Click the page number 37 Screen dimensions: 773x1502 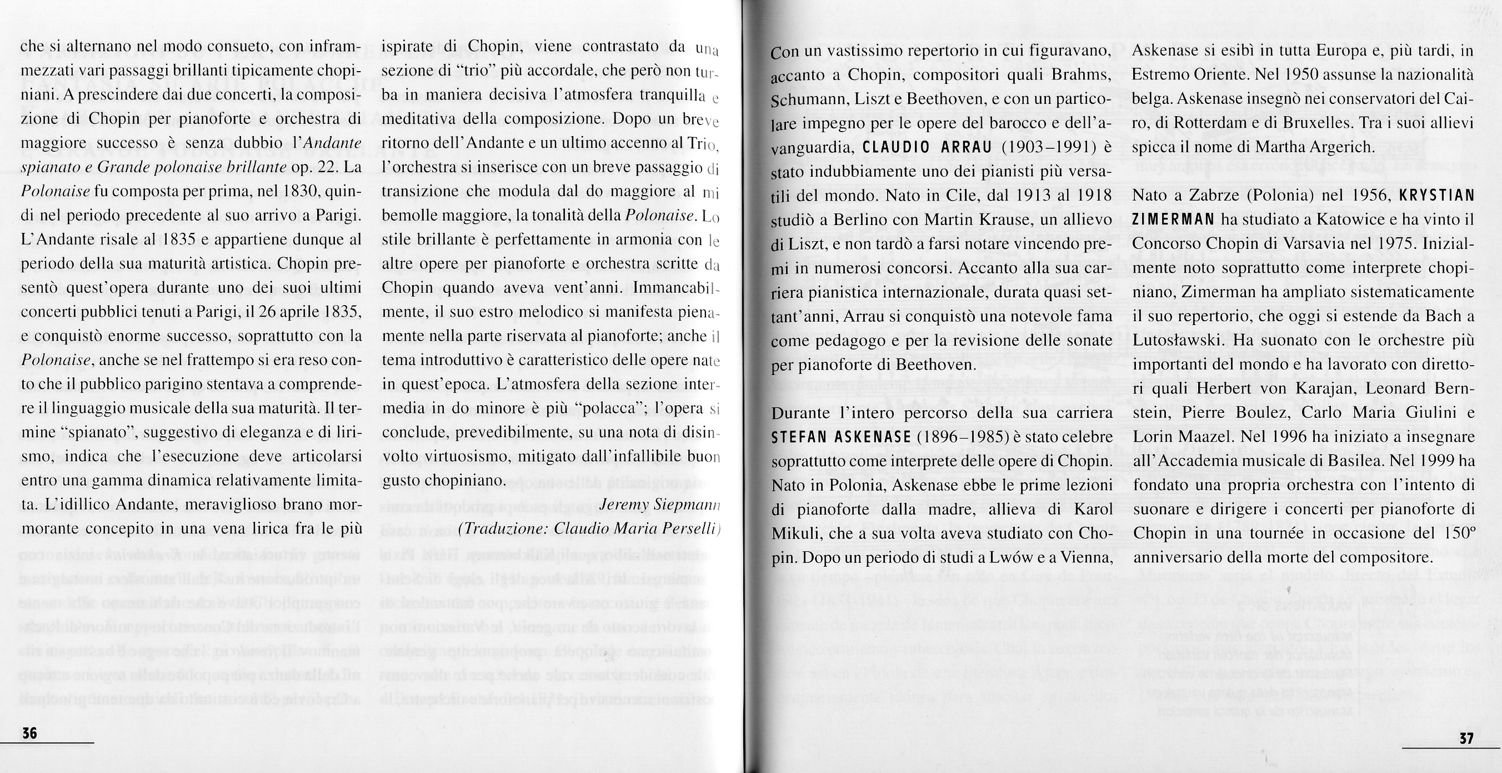1466,738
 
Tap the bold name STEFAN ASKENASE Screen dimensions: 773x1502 832,436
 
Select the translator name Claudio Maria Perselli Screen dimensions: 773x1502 635,528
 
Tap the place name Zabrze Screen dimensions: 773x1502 1204,196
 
